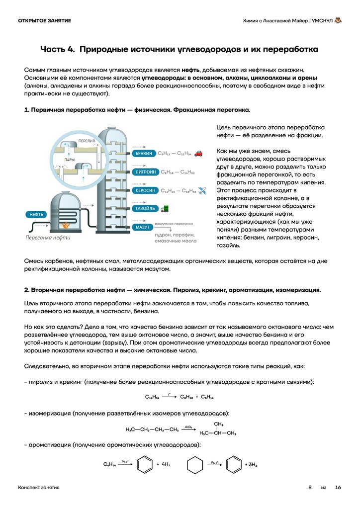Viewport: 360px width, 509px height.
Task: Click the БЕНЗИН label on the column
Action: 144,154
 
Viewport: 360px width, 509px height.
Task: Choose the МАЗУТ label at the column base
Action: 142,227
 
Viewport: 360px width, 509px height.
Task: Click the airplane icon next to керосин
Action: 202,190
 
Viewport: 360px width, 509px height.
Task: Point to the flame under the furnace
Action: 65,225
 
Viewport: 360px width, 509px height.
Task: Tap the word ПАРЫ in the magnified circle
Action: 70,160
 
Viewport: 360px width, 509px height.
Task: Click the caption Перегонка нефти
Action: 48,238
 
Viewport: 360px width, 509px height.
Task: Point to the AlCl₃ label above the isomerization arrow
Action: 189,426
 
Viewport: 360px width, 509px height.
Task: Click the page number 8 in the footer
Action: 310,488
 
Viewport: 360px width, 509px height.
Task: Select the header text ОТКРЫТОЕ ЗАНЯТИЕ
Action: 44,20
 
